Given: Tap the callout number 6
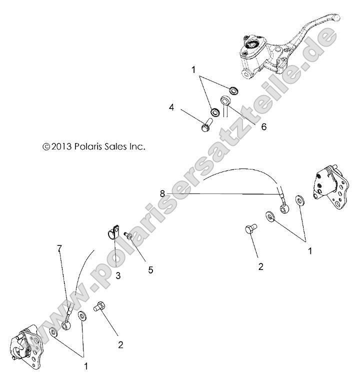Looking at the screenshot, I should click(x=249, y=126).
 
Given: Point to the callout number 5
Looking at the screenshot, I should click(x=150, y=269).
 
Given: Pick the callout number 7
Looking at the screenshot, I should click(x=59, y=248).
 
